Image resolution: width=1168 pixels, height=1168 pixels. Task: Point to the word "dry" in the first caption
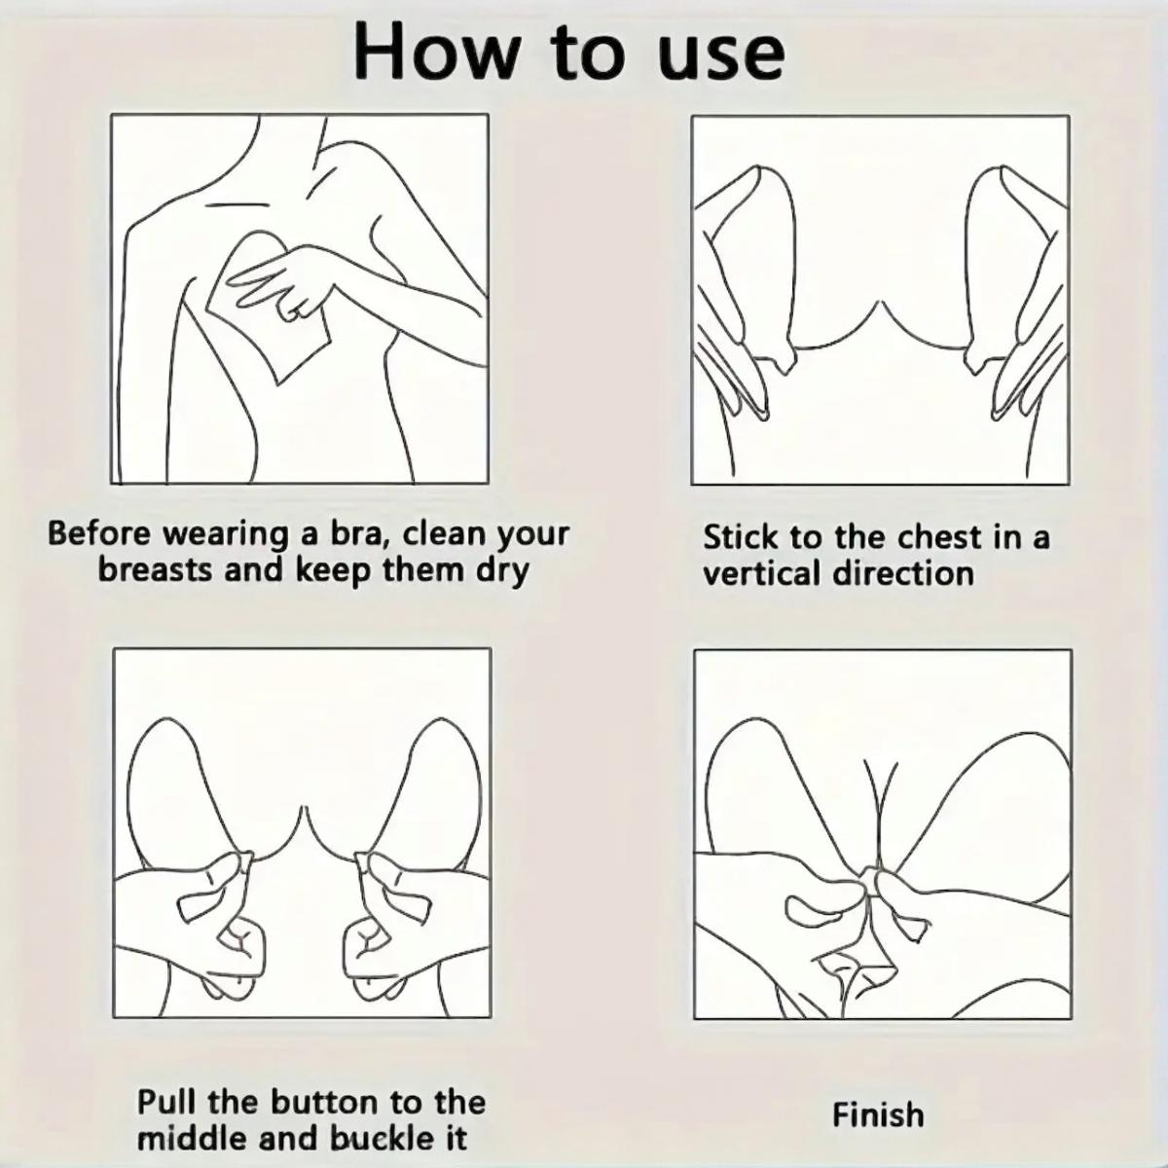(x=501, y=572)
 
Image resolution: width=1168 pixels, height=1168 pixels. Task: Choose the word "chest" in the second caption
(x=938, y=537)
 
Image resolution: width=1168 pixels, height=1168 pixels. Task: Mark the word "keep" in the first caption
(x=333, y=572)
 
